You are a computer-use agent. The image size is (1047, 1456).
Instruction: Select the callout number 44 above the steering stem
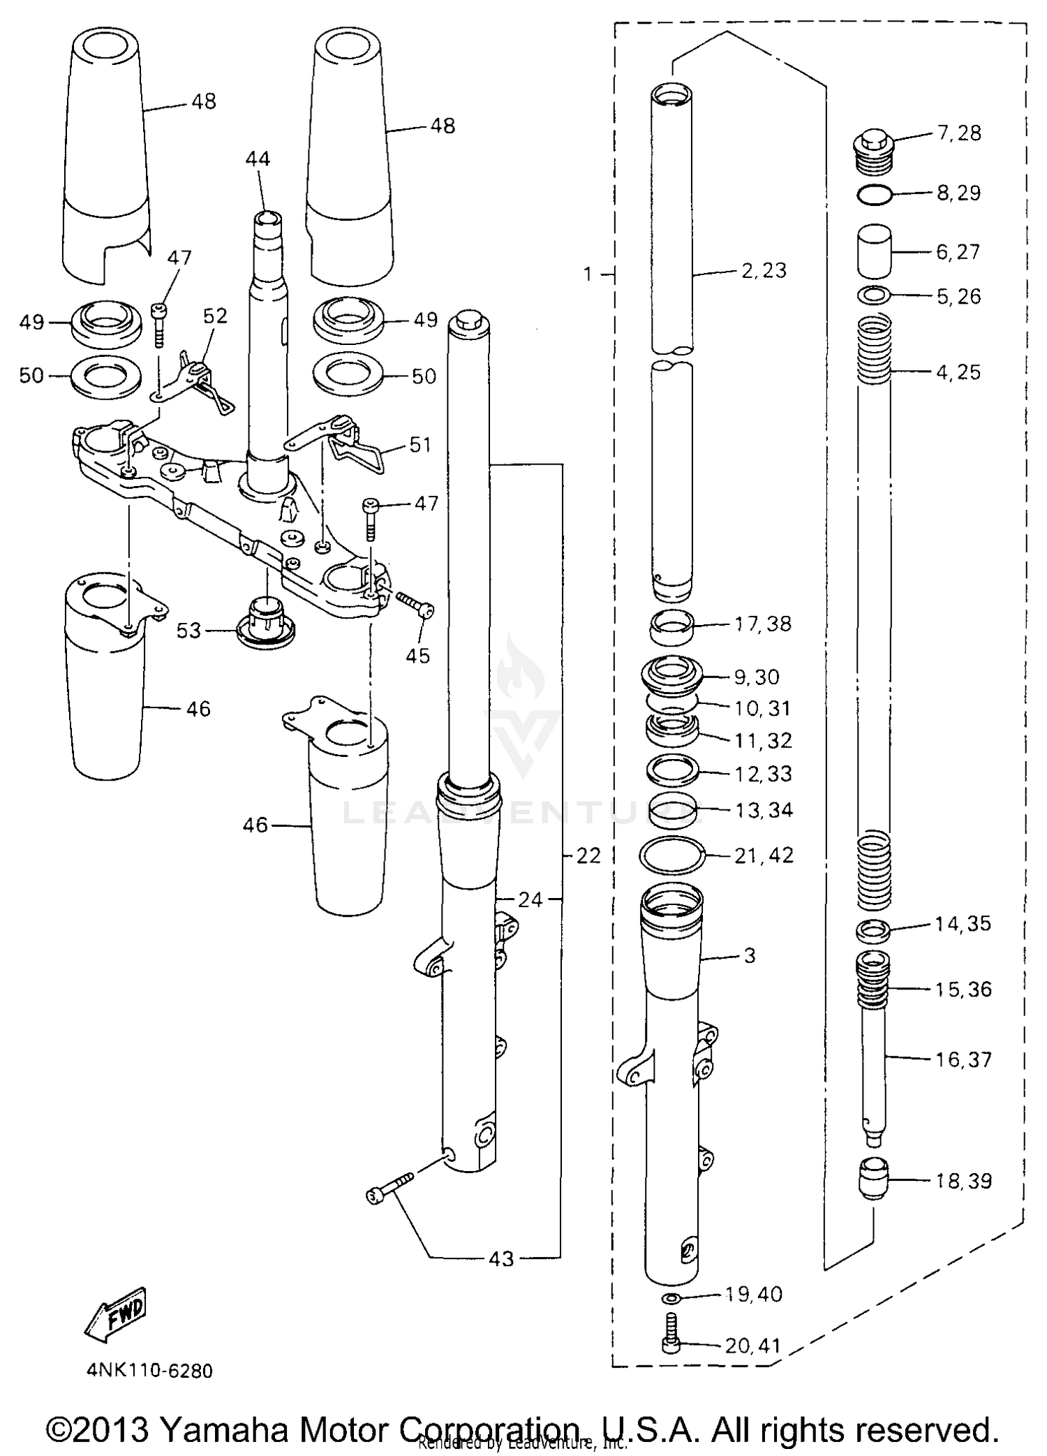(258, 159)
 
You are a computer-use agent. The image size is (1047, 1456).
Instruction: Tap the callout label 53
(188, 631)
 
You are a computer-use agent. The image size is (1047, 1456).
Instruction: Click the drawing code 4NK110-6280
(149, 1371)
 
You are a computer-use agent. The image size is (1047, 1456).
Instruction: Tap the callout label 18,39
(963, 1181)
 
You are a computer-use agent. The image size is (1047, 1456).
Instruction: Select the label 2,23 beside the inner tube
(764, 270)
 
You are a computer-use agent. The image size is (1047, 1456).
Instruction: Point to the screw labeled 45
(415, 604)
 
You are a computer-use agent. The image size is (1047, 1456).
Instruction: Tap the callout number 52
(216, 316)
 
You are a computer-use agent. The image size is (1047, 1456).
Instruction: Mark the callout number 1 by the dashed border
(588, 275)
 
